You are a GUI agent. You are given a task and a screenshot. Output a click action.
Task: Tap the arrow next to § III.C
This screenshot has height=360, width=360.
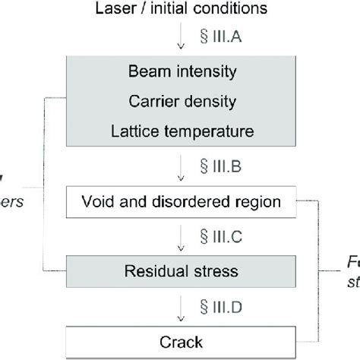(x=181, y=236)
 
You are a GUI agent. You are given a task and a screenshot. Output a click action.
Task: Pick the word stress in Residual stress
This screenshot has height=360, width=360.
(x=212, y=269)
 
